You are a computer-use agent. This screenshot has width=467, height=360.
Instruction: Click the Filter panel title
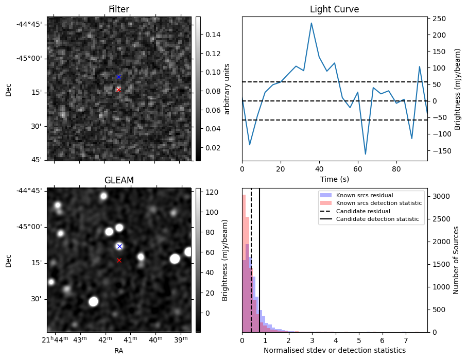(x=119, y=9)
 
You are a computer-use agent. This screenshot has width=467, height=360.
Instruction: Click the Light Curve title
(x=334, y=9)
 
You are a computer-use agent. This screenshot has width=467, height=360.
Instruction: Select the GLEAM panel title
(x=119, y=180)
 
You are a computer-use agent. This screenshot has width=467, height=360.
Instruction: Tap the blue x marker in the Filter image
(x=118, y=77)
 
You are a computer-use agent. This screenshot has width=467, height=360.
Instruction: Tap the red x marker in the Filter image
(x=118, y=90)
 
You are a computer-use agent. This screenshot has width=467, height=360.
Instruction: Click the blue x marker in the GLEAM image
(x=119, y=246)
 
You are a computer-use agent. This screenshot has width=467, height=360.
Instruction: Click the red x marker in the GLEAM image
(x=119, y=261)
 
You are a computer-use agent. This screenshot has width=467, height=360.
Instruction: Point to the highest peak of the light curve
(x=312, y=23)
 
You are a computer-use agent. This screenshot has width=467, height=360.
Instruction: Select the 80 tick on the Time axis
(x=396, y=168)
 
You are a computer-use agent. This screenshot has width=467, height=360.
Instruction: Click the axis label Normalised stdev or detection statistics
(x=334, y=351)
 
